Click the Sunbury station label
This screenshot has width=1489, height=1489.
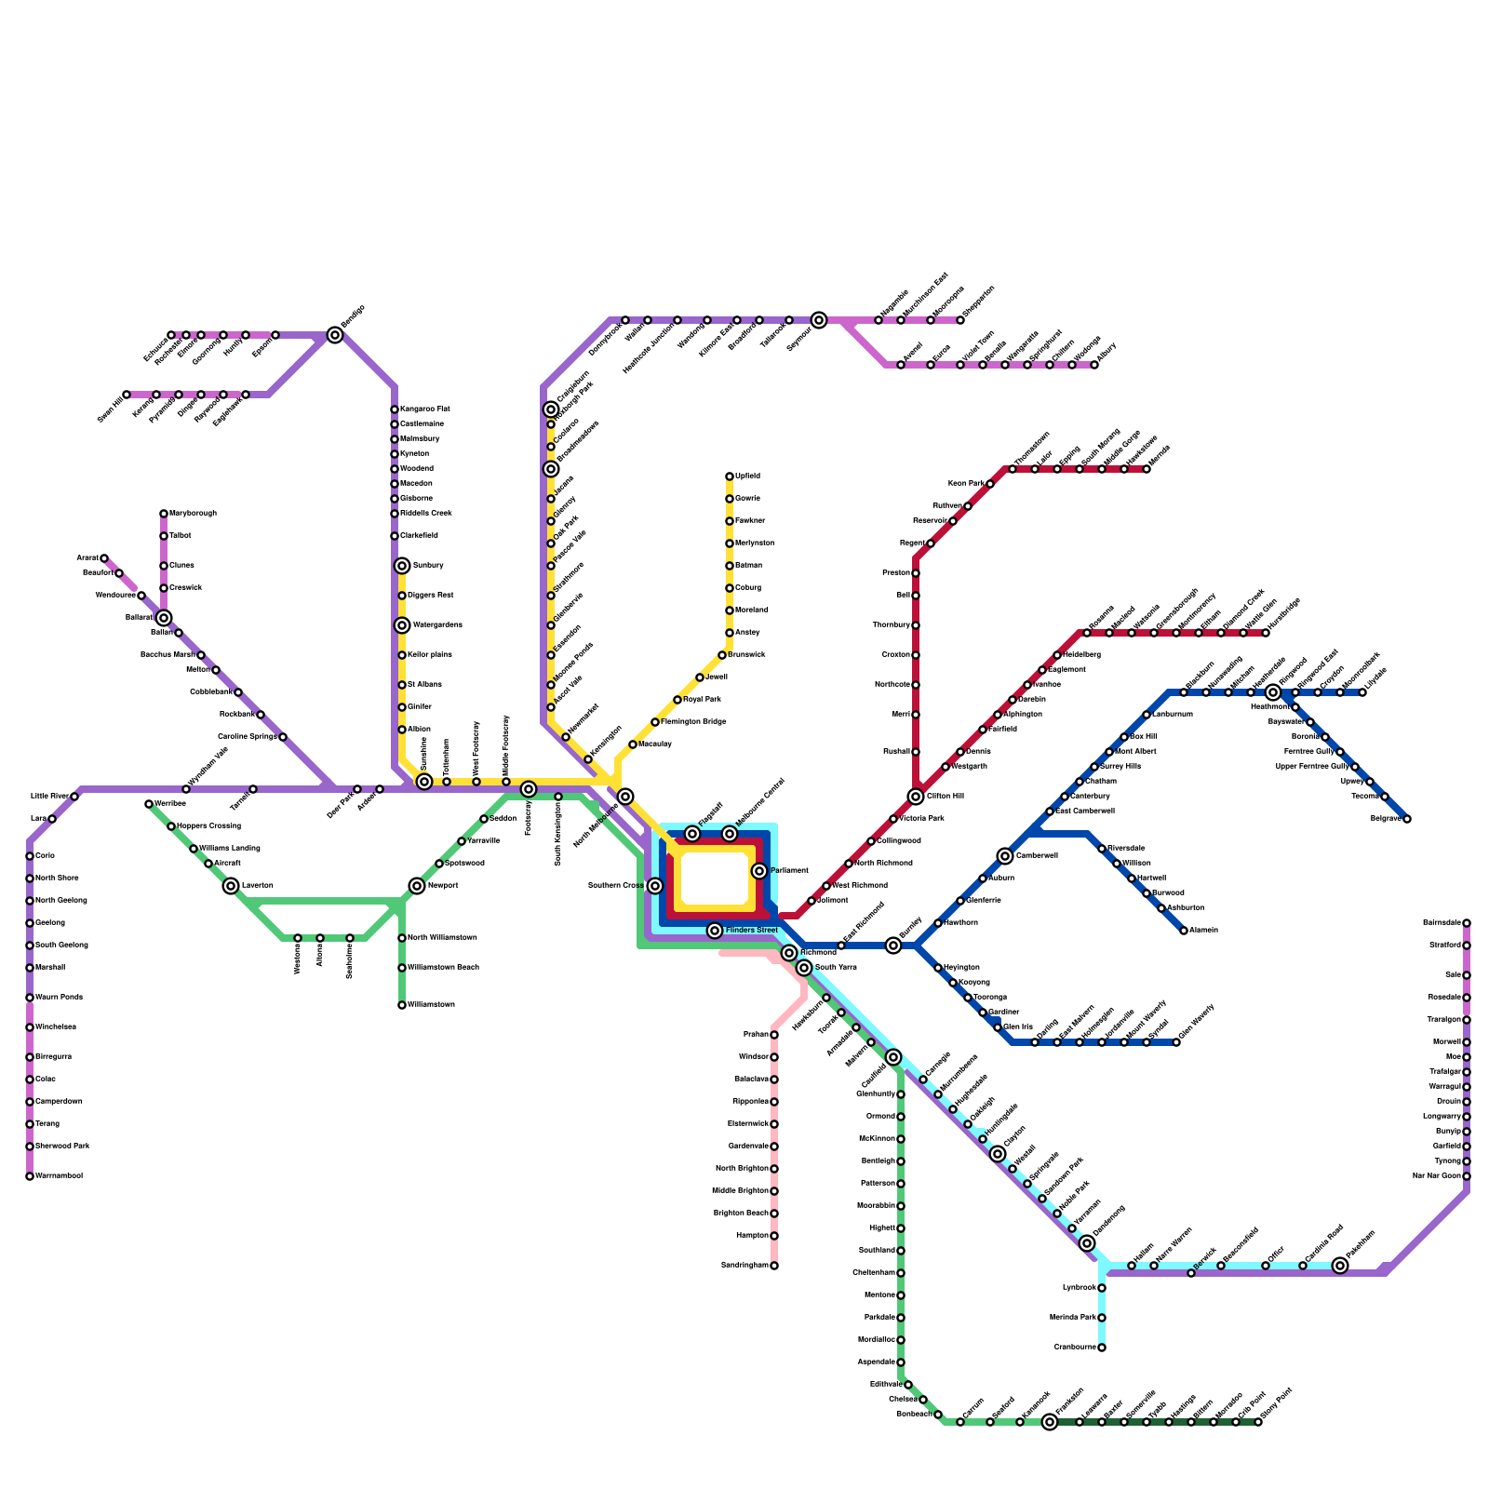(428, 566)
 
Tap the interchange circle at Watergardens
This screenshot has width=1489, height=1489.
(402, 625)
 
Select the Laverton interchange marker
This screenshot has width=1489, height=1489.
(231, 886)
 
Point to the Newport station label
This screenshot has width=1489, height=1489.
(444, 886)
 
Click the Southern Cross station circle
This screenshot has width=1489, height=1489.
(655, 886)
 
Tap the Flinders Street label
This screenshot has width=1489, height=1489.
(751, 931)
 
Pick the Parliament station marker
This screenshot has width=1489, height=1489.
(759, 871)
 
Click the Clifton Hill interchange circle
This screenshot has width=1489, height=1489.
(916, 797)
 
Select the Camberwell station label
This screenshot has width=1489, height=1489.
(1037, 856)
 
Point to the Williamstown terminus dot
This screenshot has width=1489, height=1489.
(402, 1005)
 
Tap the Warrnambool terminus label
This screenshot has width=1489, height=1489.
(59, 1176)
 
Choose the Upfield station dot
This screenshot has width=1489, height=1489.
(730, 476)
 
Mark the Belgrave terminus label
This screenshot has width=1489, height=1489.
(1386, 819)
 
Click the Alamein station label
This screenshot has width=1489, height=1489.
(1203, 931)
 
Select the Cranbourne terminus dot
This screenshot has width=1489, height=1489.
(1102, 1348)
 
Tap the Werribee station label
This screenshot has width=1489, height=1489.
(169, 803)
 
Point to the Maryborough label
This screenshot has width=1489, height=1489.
(193, 514)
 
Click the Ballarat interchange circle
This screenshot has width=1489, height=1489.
(164, 618)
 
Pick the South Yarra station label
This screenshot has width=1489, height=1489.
(836, 968)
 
